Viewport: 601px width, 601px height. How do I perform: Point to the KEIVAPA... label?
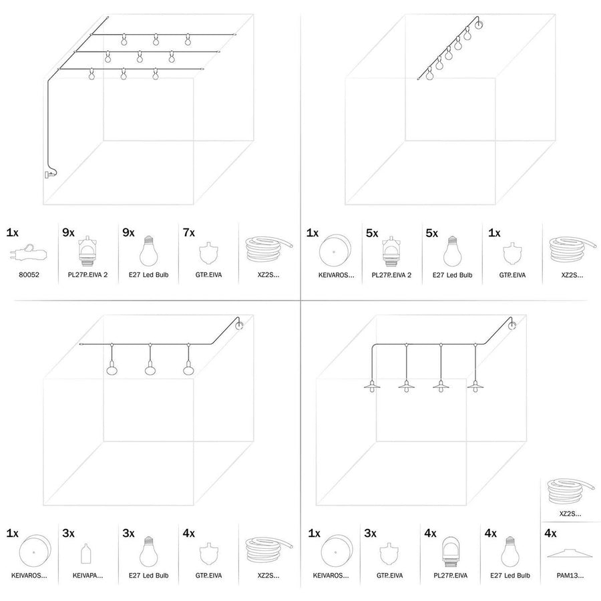[89, 574]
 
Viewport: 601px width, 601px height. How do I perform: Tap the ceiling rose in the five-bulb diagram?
[478, 26]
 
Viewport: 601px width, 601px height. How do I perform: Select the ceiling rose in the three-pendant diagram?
[240, 326]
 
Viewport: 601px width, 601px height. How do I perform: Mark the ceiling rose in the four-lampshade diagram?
[512, 326]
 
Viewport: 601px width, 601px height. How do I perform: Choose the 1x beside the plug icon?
[12, 233]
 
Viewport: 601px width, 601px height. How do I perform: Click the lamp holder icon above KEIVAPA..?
[85, 554]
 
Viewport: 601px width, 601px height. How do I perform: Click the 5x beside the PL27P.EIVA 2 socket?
[373, 233]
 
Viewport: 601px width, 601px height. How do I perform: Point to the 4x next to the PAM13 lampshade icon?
[550, 534]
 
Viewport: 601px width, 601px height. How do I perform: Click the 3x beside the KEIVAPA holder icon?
[68, 534]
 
